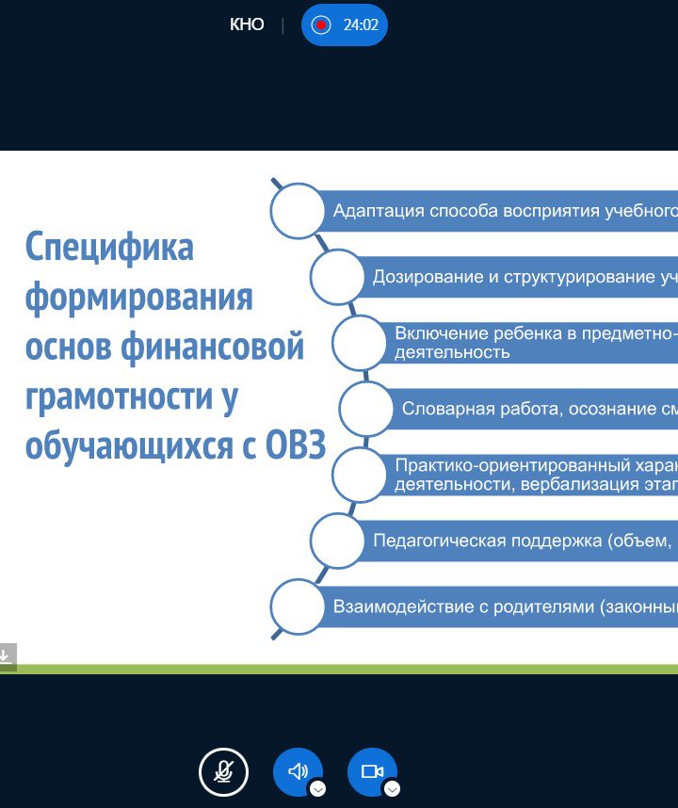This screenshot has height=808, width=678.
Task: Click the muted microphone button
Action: click(223, 772)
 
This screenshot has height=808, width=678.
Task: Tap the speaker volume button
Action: click(298, 772)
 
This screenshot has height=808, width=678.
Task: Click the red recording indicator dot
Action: click(320, 24)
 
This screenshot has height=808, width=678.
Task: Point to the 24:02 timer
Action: click(361, 24)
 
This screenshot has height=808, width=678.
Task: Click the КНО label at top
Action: click(247, 24)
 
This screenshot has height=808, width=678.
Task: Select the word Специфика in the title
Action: click(109, 248)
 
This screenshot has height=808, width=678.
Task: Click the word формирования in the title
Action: click(139, 298)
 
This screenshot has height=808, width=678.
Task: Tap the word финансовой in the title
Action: click(212, 347)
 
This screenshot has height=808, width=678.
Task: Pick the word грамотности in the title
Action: click(119, 396)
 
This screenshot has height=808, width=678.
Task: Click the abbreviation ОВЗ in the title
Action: click(296, 445)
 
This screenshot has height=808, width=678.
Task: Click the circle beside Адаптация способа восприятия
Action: click(297, 211)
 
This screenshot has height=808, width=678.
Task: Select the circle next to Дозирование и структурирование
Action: click(337, 277)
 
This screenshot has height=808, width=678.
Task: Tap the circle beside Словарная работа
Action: click(365, 409)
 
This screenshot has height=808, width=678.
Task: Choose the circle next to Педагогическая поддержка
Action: click(337, 541)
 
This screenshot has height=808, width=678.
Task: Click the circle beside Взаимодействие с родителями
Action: click(297, 606)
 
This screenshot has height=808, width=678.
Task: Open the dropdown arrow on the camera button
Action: click(392, 788)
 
